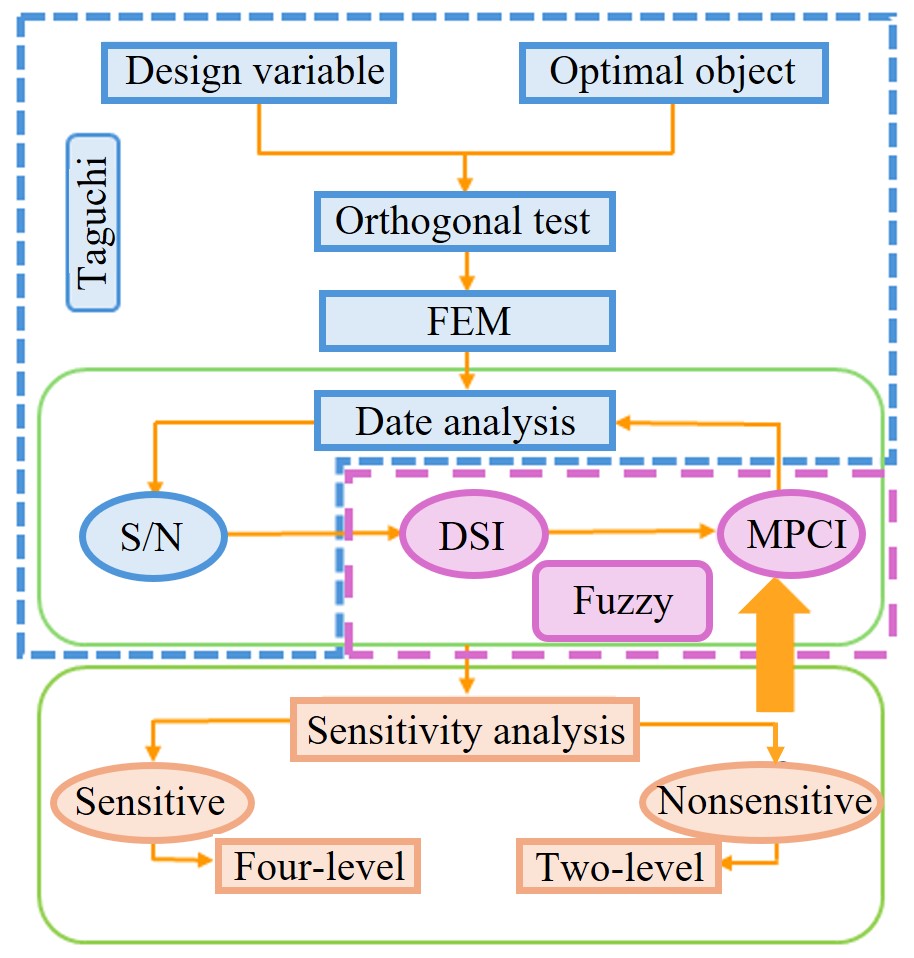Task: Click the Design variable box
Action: pyautogui.click(x=254, y=71)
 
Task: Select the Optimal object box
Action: pyautogui.click(x=673, y=71)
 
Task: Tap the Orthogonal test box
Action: pyautogui.click(x=463, y=221)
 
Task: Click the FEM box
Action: pyautogui.click(x=465, y=321)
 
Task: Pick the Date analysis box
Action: pyautogui.click(x=465, y=421)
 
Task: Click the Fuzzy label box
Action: pyautogui.click(x=623, y=601)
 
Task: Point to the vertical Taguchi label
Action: pyautogui.click(x=93, y=221)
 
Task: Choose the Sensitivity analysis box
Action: pyautogui.click(x=465, y=730)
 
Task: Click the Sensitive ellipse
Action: pyautogui.click(x=150, y=801)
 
